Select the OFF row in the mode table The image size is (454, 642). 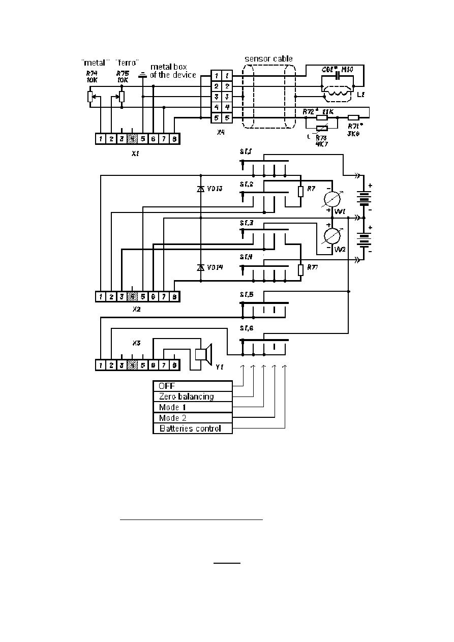click(x=193, y=386)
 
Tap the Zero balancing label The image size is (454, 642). click(x=193, y=396)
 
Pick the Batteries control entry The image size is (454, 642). click(x=193, y=429)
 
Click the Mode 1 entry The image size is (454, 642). click(x=193, y=407)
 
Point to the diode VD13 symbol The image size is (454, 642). click(x=201, y=189)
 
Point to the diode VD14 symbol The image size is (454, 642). click(x=201, y=267)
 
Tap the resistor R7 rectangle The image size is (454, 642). click(x=300, y=192)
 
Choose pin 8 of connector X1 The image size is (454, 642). click(x=174, y=138)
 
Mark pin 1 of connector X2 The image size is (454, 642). click(x=101, y=296)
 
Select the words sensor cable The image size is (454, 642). click(x=268, y=59)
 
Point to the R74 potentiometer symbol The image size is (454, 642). click(x=90, y=97)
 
